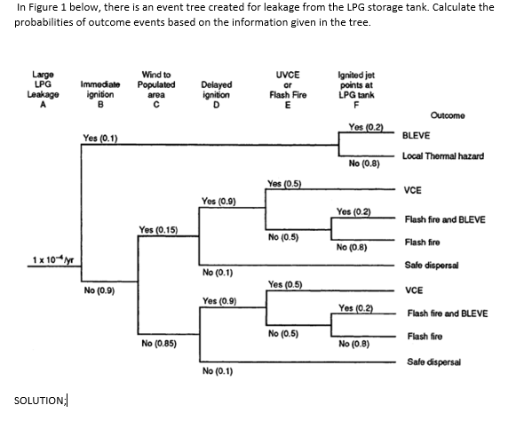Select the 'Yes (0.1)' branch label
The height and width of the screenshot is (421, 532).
click(x=100, y=138)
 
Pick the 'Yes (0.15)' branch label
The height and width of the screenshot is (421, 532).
click(x=156, y=229)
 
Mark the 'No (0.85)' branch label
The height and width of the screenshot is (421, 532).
click(x=157, y=343)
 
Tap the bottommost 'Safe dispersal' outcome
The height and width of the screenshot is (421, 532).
click(x=434, y=361)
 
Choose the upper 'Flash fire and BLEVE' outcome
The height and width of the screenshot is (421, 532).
click(x=445, y=218)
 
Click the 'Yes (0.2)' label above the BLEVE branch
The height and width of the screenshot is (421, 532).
click(x=356, y=128)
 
